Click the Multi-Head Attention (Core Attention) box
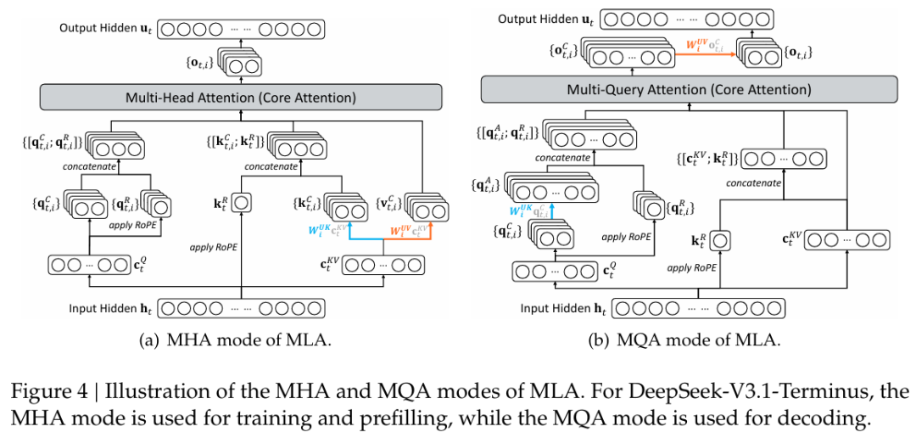[242, 98]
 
